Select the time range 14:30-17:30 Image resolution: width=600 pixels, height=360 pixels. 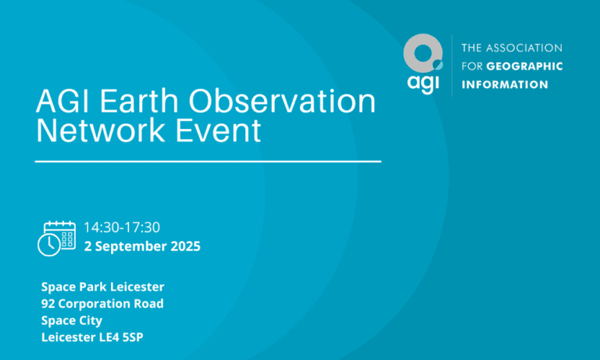(122, 227)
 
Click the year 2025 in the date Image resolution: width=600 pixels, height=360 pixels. (185, 247)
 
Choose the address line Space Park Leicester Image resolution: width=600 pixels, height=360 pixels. (102, 287)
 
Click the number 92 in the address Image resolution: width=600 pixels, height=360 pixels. (49, 304)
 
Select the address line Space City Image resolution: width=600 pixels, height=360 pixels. (72, 320)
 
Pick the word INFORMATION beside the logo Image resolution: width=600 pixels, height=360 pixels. (505, 84)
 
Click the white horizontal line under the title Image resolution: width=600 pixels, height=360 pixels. (209, 162)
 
